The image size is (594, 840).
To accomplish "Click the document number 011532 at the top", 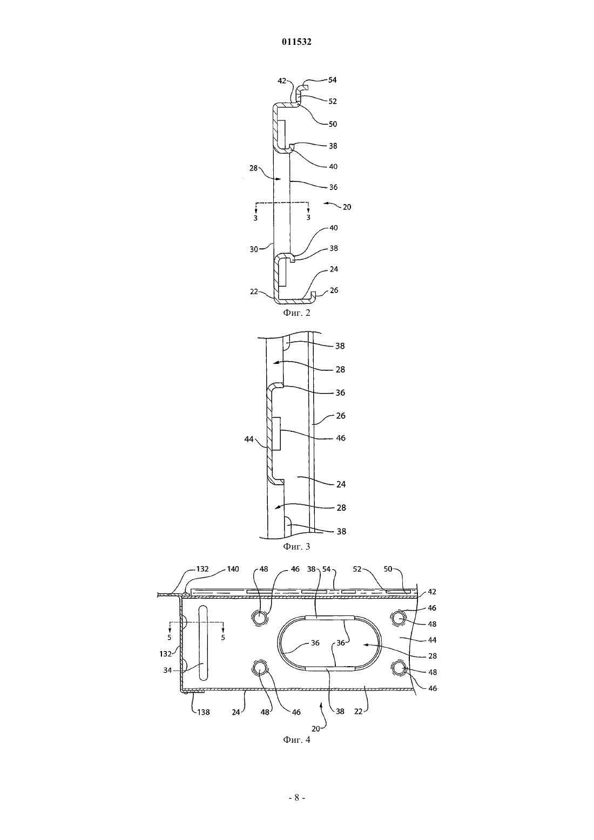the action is (x=296, y=42).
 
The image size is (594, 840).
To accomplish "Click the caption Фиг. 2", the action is (x=296, y=313).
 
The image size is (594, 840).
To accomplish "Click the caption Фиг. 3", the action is (x=296, y=546).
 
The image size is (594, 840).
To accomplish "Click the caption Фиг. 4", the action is (x=296, y=740).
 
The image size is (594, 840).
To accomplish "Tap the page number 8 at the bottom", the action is (x=296, y=798).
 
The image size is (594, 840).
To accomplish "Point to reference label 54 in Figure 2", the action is (x=332, y=80).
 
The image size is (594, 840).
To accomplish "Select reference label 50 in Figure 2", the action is (x=333, y=124).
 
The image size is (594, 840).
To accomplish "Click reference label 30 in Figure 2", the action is (x=254, y=249).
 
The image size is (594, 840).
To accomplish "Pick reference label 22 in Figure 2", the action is (x=254, y=292).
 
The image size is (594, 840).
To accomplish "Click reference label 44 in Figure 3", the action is (x=249, y=439).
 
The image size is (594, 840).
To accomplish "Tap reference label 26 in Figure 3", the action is (x=341, y=416).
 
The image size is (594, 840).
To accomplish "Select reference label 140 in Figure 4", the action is (x=233, y=569).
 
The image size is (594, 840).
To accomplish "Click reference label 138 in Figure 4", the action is (x=203, y=712).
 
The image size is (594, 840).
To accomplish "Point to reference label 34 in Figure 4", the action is (x=167, y=670).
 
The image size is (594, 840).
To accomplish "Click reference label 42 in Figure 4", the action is (x=432, y=592).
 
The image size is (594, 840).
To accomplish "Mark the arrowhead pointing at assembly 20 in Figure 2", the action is (x=326, y=204).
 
